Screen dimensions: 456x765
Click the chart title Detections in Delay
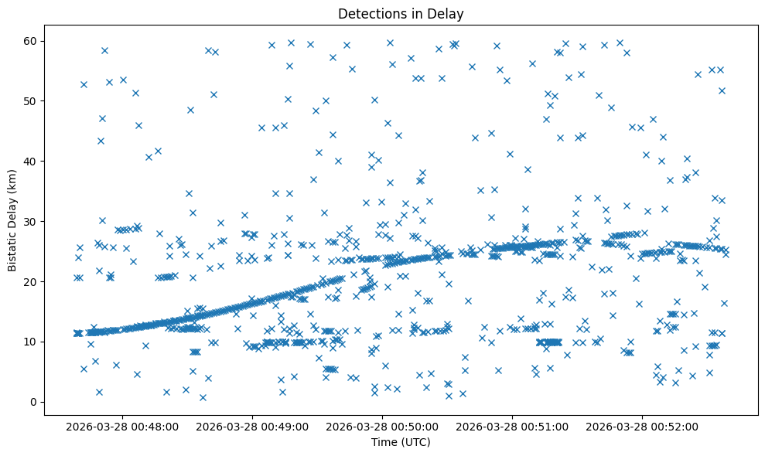tap(401, 13)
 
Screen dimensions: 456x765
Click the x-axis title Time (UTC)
tap(401, 442)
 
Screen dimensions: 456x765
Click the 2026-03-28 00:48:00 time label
tap(122, 426)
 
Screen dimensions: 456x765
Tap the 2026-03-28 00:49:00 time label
tap(252, 426)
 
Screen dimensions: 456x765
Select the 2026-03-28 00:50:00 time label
tap(382, 426)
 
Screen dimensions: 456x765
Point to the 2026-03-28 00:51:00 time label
tap(512, 426)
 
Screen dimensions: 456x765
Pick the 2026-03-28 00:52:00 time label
tap(642, 426)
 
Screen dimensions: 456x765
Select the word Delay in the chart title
tap(448, 13)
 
